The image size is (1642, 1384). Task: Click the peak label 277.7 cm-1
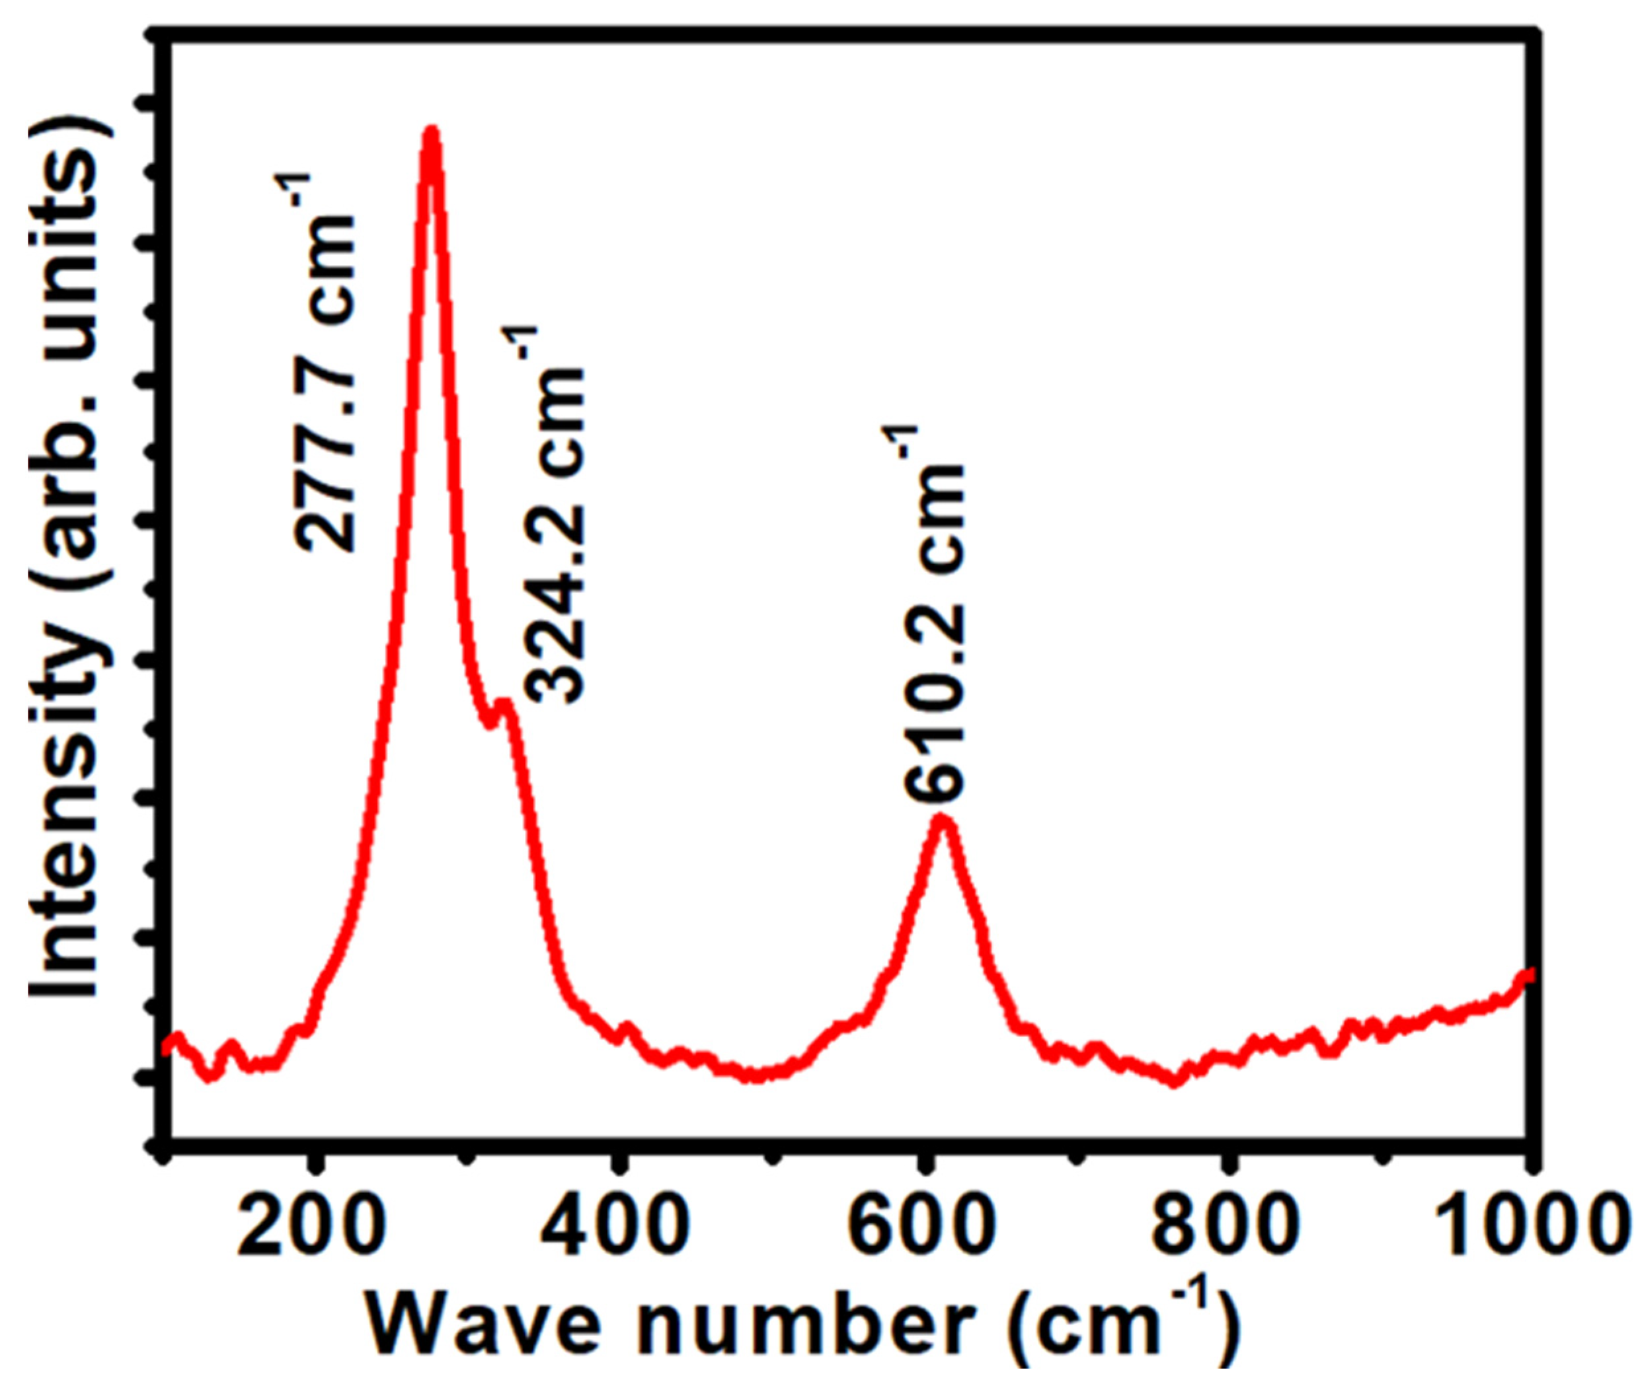point(324,363)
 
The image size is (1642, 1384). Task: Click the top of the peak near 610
point(941,820)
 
